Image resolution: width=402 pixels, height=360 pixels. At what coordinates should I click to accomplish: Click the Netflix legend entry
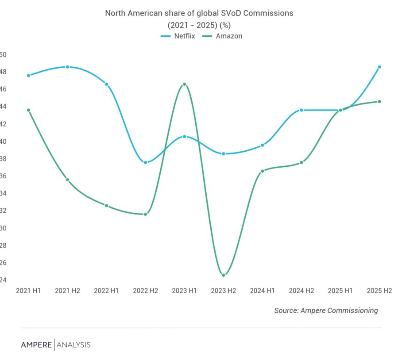tap(178, 36)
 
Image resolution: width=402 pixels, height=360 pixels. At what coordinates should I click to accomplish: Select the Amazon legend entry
tap(224, 36)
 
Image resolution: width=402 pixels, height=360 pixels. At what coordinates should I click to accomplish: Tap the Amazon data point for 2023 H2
tap(224, 275)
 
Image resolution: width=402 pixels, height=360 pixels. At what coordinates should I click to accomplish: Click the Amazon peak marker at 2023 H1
tap(185, 84)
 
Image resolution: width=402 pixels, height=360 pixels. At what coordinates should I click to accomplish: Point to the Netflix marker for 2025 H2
tap(379, 67)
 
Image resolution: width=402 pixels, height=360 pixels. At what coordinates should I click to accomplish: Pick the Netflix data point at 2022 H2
tap(146, 162)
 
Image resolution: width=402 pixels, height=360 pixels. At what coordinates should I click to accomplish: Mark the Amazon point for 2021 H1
tap(28, 110)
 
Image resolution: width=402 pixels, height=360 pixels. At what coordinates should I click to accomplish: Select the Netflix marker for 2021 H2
tap(67, 67)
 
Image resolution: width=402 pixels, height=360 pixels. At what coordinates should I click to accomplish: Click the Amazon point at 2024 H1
tap(263, 171)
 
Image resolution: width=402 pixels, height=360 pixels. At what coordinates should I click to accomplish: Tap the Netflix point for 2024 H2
tap(301, 110)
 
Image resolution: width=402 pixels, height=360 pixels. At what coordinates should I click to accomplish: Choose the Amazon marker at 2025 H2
tap(379, 101)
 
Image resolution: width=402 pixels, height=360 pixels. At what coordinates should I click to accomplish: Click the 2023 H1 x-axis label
tap(184, 291)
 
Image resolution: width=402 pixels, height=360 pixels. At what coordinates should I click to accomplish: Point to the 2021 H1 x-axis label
tap(28, 291)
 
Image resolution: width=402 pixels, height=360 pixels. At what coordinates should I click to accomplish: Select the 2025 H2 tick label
tap(379, 291)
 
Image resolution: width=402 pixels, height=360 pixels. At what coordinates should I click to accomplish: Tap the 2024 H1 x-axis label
tap(263, 291)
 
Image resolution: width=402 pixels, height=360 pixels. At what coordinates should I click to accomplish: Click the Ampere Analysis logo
tap(55, 345)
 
